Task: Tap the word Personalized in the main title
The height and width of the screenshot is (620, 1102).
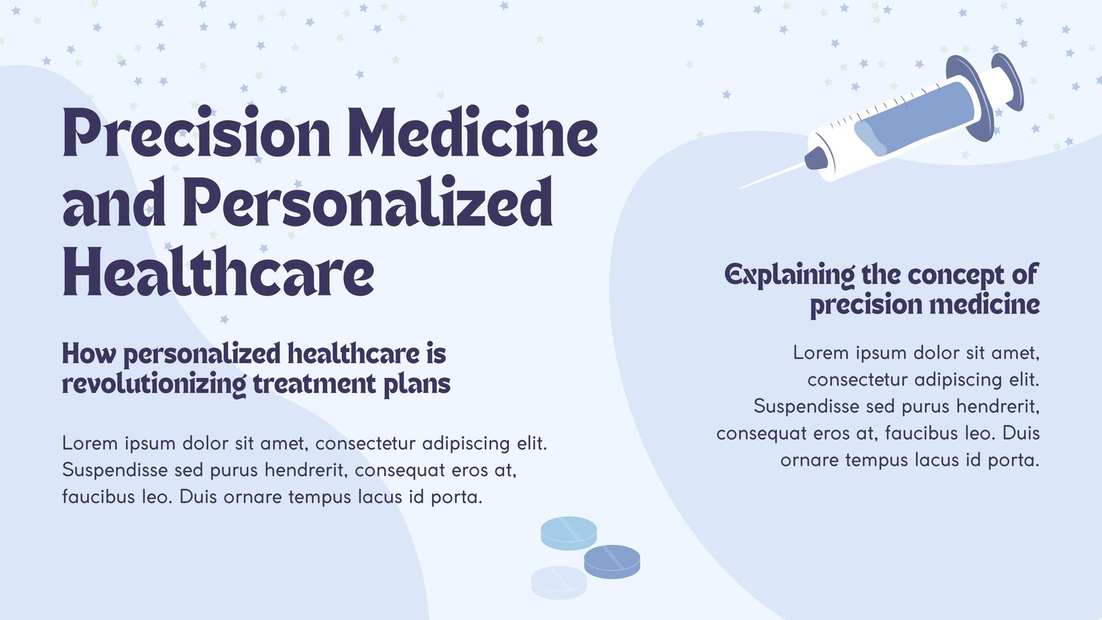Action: [x=371, y=203]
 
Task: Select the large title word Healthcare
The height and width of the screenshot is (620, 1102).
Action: [x=218, y=271]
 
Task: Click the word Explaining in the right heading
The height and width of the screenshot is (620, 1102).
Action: [x=789, y=276]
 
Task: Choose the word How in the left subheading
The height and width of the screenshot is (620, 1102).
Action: [x=89, y=354]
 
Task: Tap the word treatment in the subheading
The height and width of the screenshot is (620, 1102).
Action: [x=314, y=384]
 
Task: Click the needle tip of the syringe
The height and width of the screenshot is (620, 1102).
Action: [x=741, y=188]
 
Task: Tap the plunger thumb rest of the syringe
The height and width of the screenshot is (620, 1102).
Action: [x=1008, y=81]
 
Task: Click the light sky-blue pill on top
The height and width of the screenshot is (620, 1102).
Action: [x=569, y=533]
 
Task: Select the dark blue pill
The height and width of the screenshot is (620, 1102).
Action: [x=612, y=561]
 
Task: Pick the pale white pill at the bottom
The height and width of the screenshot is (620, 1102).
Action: [x=559, y=583]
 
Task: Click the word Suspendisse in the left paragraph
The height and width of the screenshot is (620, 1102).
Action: [x=115, y=471]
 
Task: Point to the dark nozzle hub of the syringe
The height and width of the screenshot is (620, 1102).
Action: [x=817, y=158]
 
